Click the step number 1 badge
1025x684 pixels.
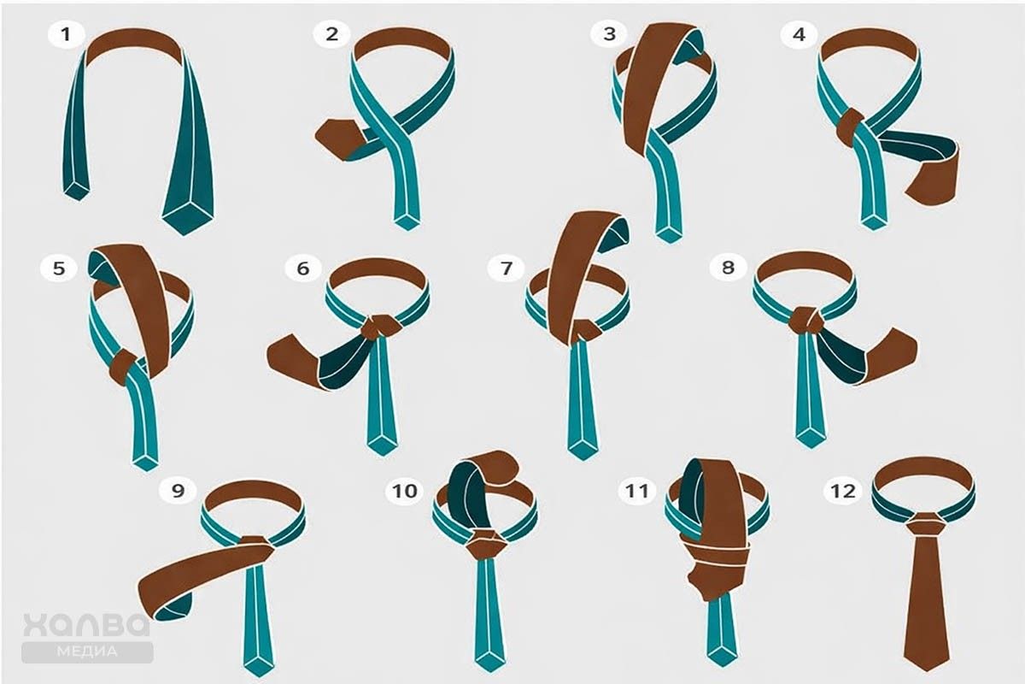pyautogui.click(x=67, y=34)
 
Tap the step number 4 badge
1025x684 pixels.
pyautogui.click(x=799, y=34)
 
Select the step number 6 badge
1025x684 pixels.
pyautogui.click(x=303, y=268)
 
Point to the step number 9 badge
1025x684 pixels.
pyautogui.click(x=178, y=491)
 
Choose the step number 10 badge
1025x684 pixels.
pyautogui.click(x=405, y=491)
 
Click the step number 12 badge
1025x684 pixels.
pyautogui.click(x=843, y=491)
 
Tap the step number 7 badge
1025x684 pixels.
pyautogui.click(x=506, y=268)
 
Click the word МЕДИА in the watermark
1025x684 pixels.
pyautogui.click(x=87, y=651)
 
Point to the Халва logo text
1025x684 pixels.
pyautogui.click(x=86, y=625)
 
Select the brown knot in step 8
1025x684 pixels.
pyautogui.click(x=805, y=321)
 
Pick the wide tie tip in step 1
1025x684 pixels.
pyautogui.click(x=188, y=218)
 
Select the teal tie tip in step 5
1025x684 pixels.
pyautogui.click(x=145, y=463)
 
